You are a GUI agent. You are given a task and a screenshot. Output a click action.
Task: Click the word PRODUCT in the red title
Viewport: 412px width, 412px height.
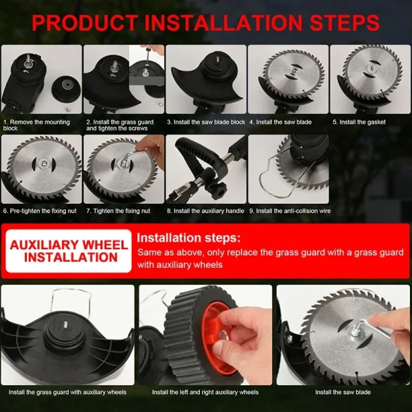pos(85,23)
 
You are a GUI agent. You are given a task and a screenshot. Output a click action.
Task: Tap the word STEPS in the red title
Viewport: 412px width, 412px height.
pos(345,23)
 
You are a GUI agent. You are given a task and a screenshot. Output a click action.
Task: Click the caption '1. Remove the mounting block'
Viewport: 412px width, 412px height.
pos(36,125)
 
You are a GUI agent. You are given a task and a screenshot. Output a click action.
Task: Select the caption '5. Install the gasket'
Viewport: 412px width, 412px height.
pos(359,122)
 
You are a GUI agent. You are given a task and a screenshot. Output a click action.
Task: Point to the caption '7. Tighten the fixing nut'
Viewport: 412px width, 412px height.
pos(118,211)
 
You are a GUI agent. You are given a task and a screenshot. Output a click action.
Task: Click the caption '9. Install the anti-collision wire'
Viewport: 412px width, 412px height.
pos(290,211)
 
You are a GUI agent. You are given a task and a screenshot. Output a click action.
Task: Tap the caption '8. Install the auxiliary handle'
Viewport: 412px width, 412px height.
pos(205,211)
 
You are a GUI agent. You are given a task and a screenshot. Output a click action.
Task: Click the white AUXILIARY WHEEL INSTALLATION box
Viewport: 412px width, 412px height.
pos(69,251)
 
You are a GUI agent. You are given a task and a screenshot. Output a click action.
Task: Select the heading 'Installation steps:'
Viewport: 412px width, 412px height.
pos(189,238)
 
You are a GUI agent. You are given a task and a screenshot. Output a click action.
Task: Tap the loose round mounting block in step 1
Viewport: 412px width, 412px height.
pos(66,89)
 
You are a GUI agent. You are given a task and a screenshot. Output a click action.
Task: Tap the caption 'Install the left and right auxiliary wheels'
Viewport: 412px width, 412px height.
pos(205,392)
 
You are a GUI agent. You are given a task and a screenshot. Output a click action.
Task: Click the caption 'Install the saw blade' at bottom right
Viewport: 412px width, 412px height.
pos(343,392)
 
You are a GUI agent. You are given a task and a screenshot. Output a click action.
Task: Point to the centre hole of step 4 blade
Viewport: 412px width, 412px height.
pos(294,71)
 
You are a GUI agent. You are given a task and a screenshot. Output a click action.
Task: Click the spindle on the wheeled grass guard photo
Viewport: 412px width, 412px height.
pos(64,325)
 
